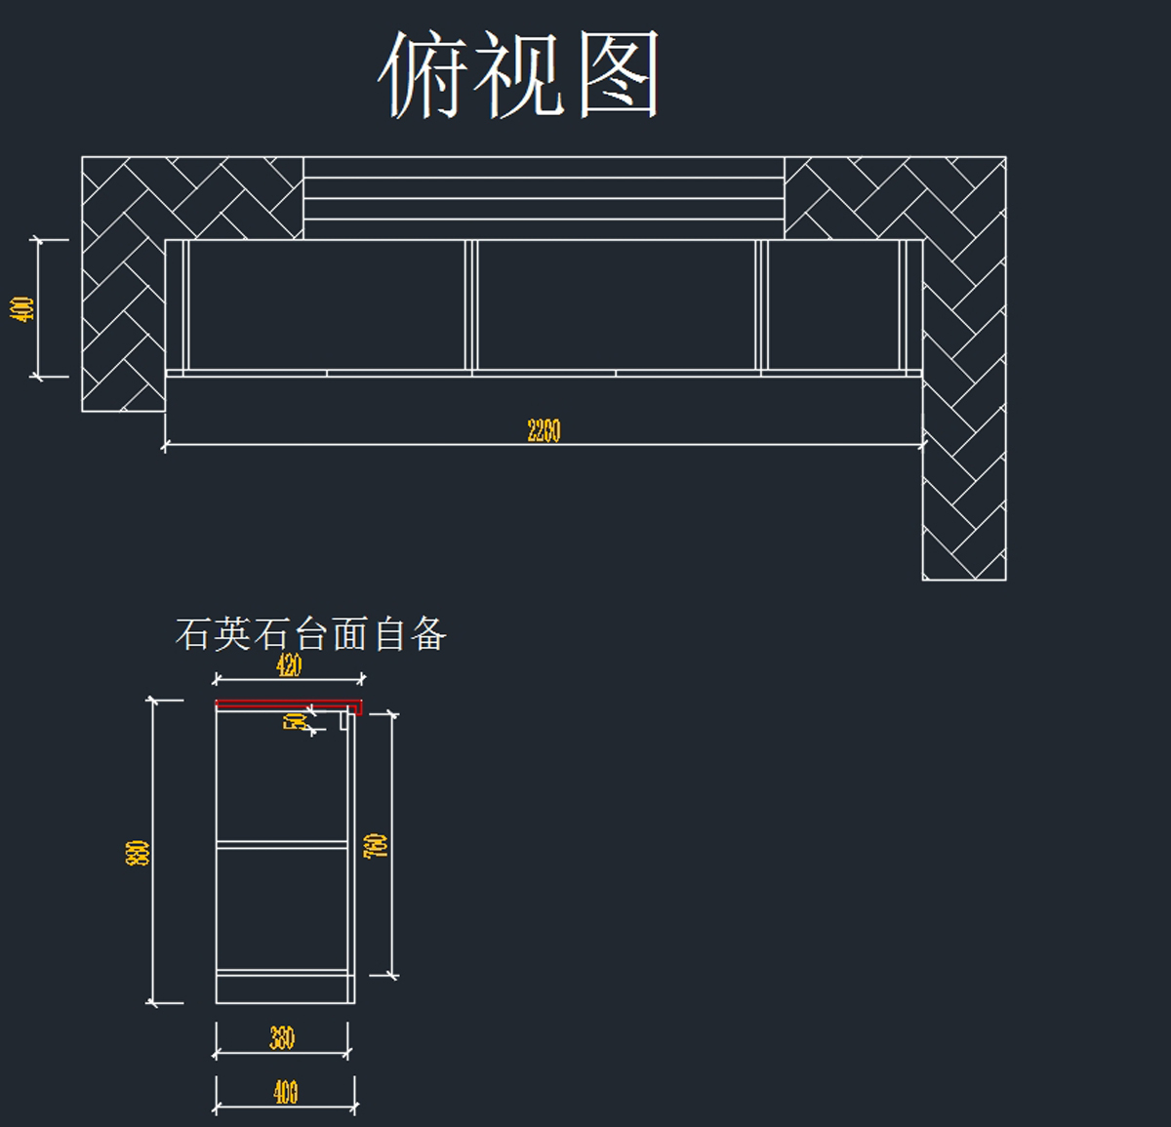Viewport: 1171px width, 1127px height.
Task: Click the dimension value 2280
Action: (x=544, y=430)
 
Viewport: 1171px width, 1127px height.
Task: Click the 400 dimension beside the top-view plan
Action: (x=22, y=308)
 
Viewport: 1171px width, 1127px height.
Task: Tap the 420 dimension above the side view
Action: (x=289, y=666)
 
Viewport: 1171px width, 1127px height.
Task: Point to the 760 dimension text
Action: (x=376, y=845)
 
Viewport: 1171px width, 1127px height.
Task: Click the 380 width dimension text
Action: (x=282, y=1038)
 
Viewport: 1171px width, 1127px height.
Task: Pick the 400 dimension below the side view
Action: (x=285, y=1092)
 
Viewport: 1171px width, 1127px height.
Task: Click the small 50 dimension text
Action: (x=294, y=722)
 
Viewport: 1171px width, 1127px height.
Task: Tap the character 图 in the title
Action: (x=619, y=74)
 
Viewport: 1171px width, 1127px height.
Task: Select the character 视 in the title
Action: (x=520, y=74)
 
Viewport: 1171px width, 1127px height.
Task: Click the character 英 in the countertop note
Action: (x=232, y=634)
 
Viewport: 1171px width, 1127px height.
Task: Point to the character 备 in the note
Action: (x=428, y=634)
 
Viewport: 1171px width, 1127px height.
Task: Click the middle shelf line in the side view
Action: (x=282, y=843)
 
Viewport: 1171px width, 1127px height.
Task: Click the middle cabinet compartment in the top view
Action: (x=616, y=304)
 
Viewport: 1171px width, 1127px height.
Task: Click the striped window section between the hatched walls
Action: (x=544, y=198)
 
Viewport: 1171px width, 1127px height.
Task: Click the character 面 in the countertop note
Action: (x=349, y=634)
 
